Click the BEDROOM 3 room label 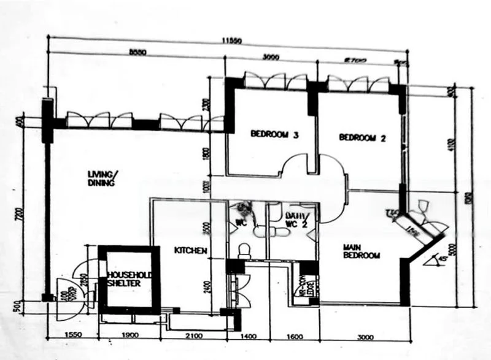[x=274, y=136]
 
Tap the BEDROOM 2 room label [x=362, y=139]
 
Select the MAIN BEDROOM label [x=361, y=251]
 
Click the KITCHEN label [x=190, y=251]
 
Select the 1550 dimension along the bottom [x=74, y=336]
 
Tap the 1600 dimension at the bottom [x=295, y=336]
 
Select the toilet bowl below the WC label [x=244, y=250]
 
